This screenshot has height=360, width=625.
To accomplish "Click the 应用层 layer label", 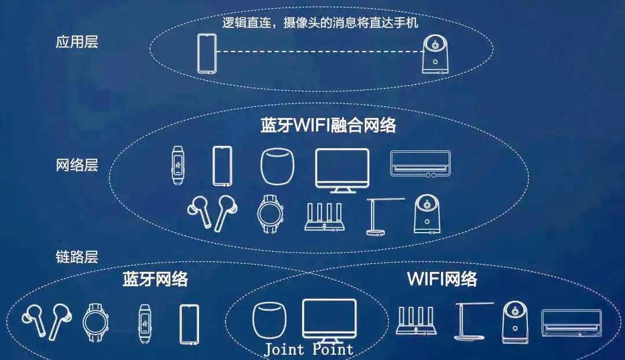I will [77, 42].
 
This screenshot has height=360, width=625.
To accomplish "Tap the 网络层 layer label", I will [77, 165].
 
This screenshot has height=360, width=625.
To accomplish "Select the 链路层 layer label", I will [77, 257].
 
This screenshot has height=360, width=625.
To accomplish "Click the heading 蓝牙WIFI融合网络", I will [328, 126].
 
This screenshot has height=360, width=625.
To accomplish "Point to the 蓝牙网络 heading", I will [155, 279].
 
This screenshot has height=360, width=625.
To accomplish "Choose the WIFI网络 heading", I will [442, 279].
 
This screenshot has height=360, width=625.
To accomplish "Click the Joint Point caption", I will [308, 350].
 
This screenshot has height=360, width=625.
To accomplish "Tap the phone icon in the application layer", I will [205, 54].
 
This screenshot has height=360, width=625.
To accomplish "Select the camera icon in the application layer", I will [435, 54].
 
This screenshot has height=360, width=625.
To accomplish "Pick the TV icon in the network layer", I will [342, 168].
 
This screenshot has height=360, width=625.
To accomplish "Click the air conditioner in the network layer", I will [420, 163].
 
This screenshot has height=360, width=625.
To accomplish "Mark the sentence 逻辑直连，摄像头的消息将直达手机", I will [320, 23].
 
